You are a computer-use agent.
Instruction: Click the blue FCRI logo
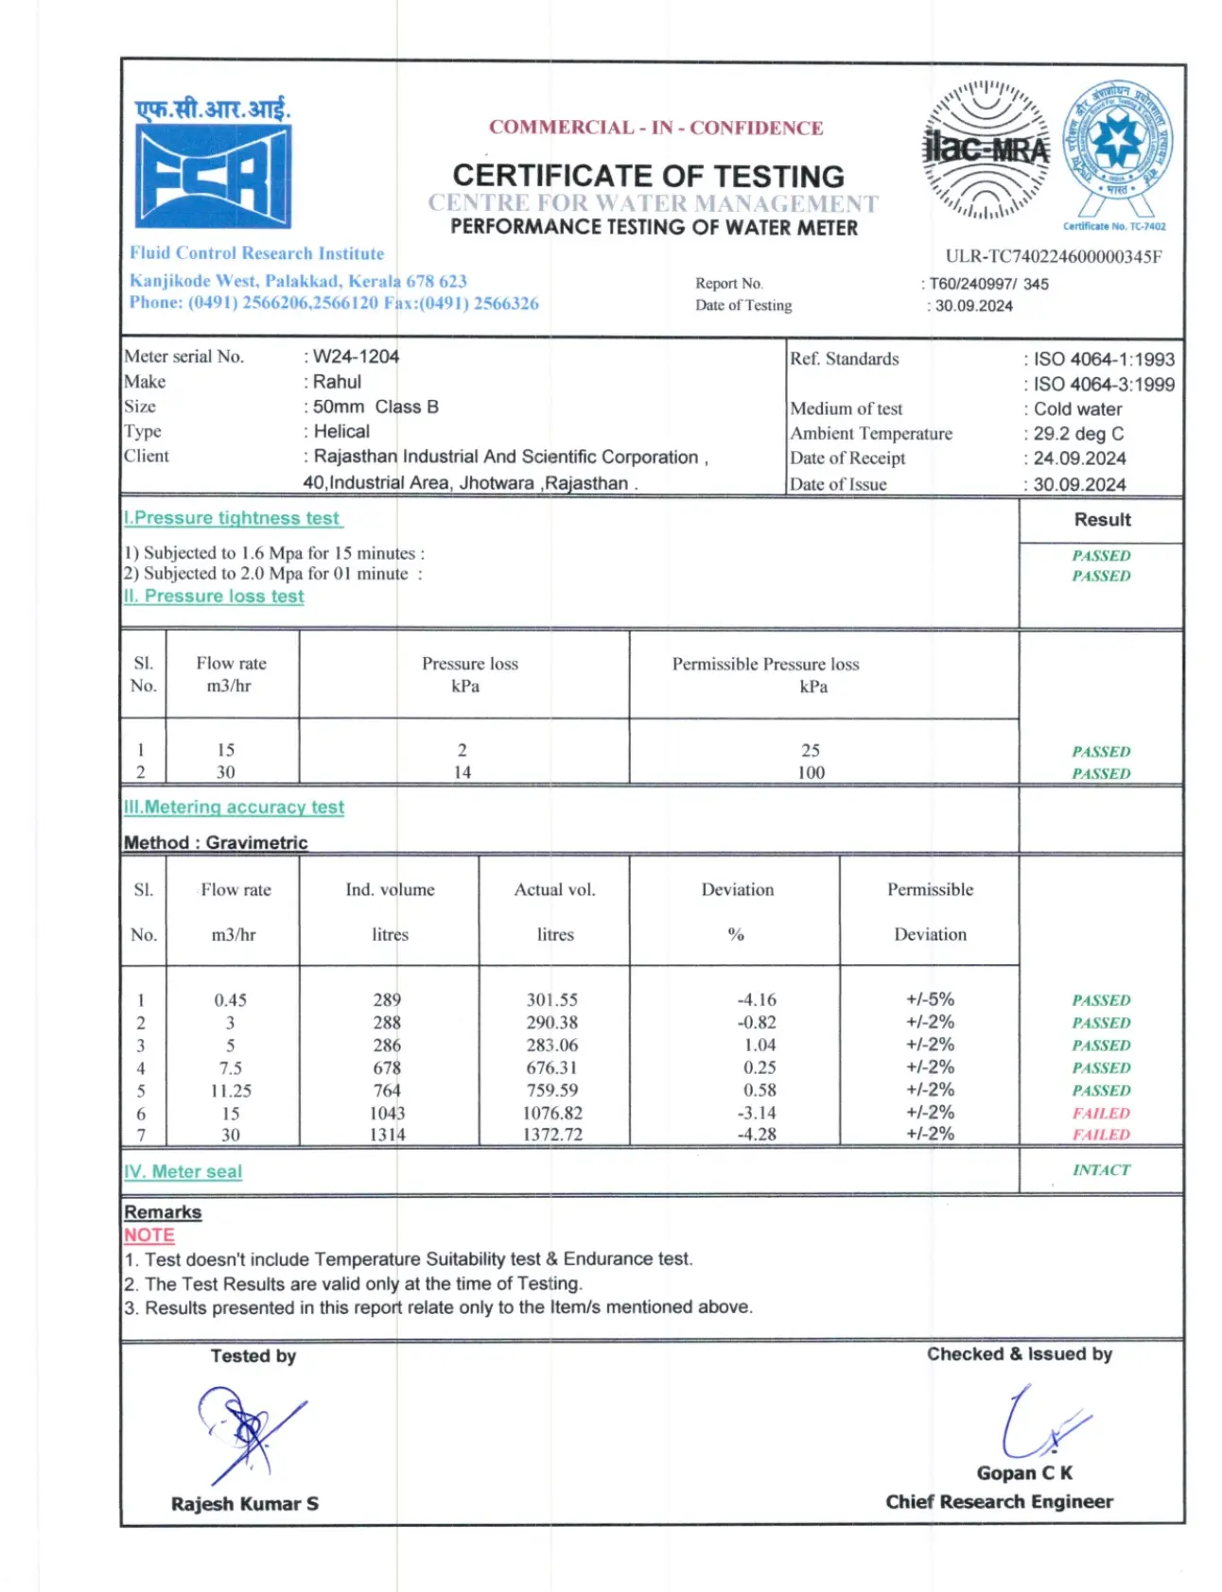(213, 176)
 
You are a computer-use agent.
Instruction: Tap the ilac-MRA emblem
(986, 149)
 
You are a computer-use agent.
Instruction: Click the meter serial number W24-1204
(356, 356)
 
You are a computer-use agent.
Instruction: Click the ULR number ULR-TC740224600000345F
(1053, 256)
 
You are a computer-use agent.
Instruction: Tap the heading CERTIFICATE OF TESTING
(648, 176)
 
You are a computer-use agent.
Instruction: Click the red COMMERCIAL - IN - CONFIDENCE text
(655, 128)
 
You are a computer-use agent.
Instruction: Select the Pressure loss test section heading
(215, 597)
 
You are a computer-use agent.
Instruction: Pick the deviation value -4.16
(757, 999)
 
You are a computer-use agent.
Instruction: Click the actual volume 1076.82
(552, 1113)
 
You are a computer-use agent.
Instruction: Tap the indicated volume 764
(386, 1090)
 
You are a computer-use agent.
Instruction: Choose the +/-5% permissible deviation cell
(930, 999)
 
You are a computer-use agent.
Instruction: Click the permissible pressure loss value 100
(811, 772)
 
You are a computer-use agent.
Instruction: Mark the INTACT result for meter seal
(1101, 1170)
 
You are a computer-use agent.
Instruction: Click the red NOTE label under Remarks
(149, 1236)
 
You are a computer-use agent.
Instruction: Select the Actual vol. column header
(554, 890)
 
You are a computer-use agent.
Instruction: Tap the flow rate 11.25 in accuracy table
(231, 1090)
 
